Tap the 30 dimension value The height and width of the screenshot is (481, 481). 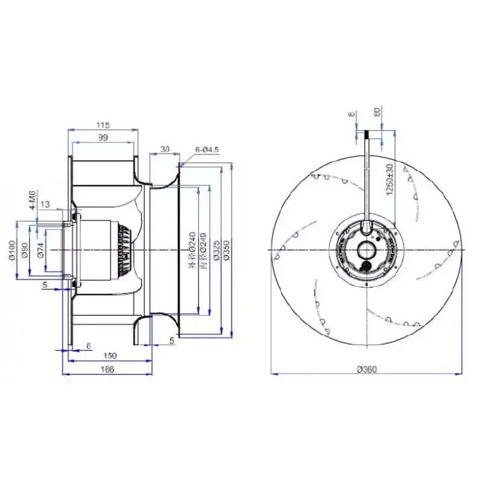[x=165, y=149]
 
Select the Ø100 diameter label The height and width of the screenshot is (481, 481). [x=13, y=250]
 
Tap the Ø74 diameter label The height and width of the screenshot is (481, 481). [x=40, y=250]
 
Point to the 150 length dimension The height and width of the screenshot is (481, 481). [x=109, y=356]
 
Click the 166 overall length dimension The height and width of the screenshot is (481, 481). [x=106, y=370]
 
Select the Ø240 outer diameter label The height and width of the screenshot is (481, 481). [x=192, y=250]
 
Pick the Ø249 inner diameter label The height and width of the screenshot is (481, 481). [x=203, y=250]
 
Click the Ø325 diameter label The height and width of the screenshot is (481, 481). [x=214, y=250]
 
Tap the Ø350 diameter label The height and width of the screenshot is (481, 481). [x=227, y=250]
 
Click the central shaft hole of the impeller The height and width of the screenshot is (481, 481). [x=366, y=250]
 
